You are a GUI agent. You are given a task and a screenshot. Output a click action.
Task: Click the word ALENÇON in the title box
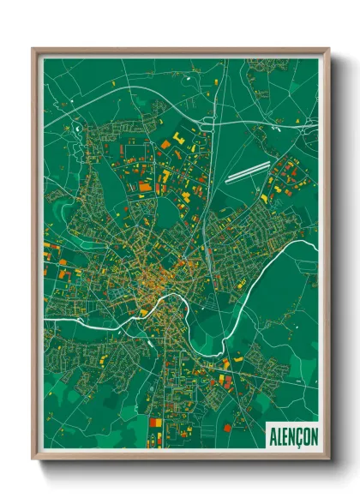point(292,436)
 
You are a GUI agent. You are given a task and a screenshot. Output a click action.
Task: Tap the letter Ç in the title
point(297,436)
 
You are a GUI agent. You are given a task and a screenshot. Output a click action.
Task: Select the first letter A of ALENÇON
point(272,436)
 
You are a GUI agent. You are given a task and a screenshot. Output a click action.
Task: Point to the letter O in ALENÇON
point(304,436)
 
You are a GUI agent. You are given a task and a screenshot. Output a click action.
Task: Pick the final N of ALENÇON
point(313,436)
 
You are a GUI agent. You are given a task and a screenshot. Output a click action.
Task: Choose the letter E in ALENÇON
point(284,436)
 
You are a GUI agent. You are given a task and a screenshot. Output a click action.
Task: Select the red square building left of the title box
point(226,427)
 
